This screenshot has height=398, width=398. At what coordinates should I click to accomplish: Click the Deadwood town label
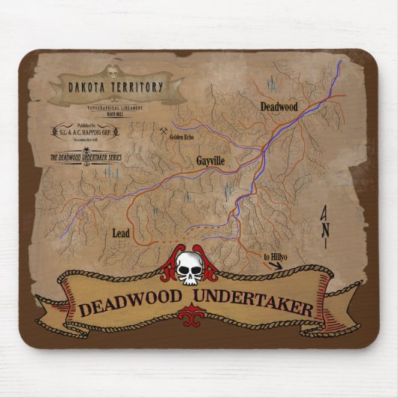pos(279,107)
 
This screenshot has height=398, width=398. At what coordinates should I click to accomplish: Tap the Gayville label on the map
pos(211,161)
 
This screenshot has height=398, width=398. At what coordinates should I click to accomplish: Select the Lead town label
pos(121,233)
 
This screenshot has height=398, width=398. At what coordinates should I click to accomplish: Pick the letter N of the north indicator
pos(325,230)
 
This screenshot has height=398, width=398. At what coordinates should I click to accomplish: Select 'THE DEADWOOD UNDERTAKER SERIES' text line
pos(86,158)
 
